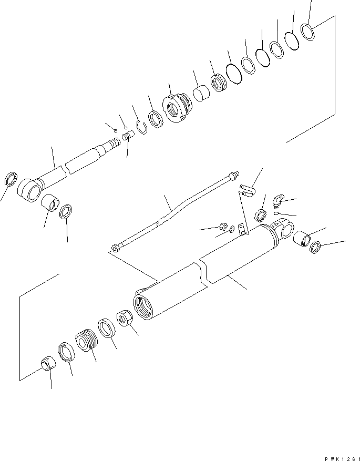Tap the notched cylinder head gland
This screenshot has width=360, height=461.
click(x=176, y=108)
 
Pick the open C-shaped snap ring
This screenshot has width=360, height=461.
click(x=141, y=127)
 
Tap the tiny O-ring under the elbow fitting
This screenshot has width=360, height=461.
click(x=276, y=213)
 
